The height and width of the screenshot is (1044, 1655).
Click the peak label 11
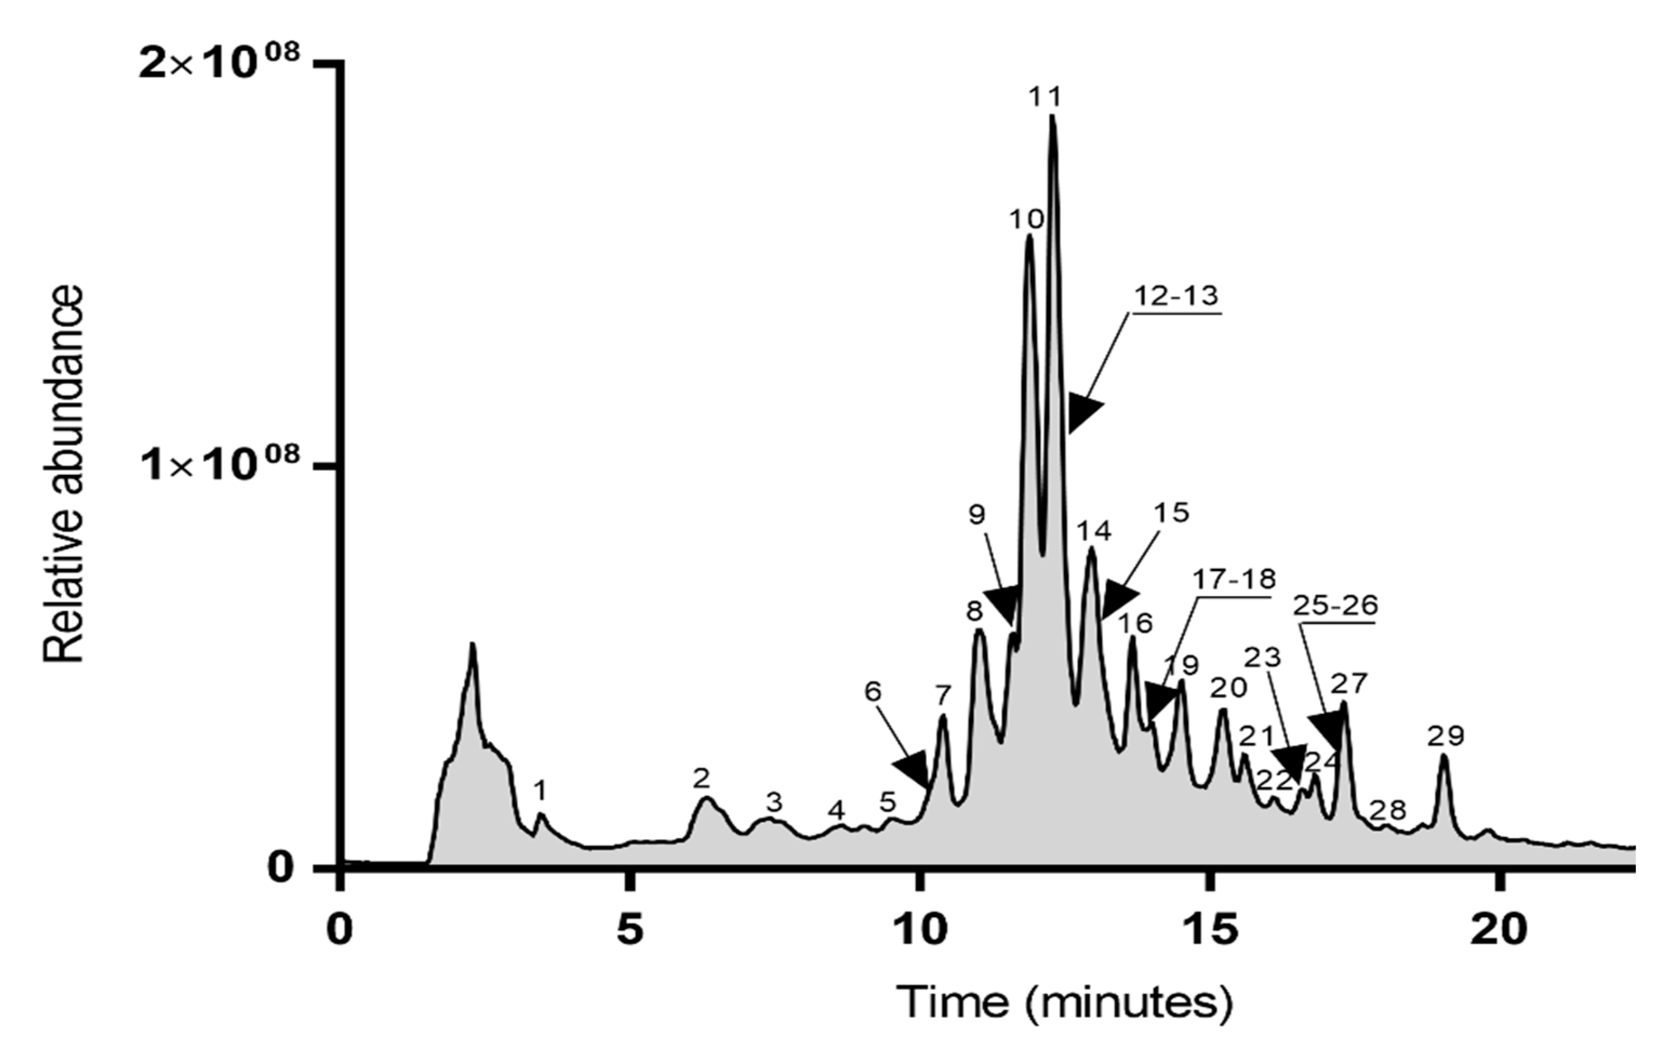1045,97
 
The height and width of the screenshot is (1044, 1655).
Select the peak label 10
1027,220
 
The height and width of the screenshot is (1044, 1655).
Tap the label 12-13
1176,296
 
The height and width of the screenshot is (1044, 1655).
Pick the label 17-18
1234,580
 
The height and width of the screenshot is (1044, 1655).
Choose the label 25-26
1336,606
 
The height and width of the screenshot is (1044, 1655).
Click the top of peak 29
1444,756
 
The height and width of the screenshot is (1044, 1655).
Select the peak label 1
541,792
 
